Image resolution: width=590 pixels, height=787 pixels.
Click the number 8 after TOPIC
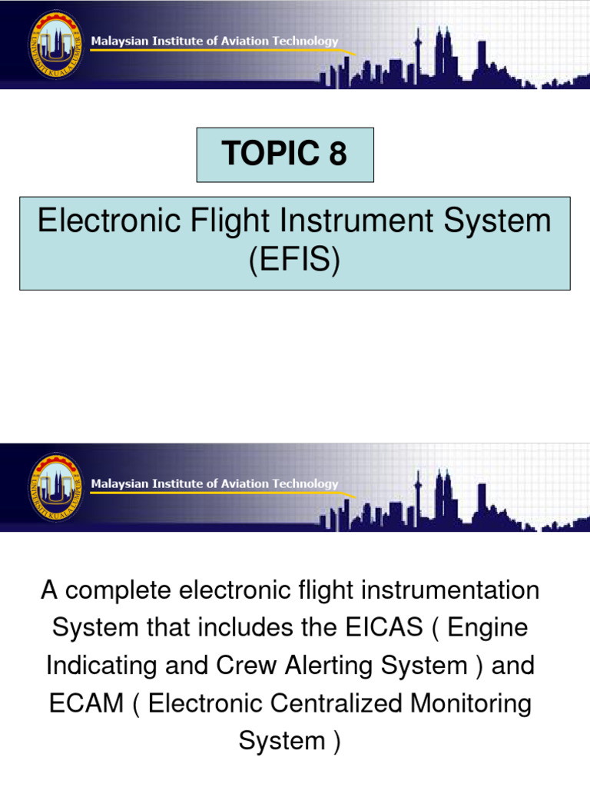point(338,154)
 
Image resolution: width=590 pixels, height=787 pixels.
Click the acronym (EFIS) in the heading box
point(294,262)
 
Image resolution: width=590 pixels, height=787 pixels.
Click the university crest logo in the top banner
point(57,43)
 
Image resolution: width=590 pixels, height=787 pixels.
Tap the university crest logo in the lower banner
point(57,486)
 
